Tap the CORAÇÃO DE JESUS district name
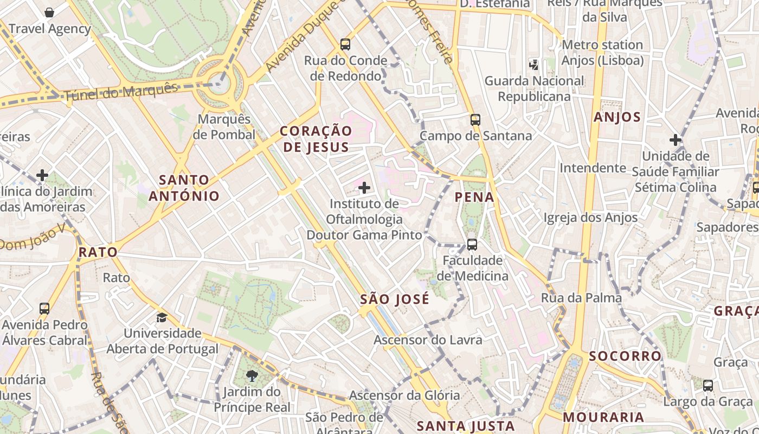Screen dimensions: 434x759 [316, 139]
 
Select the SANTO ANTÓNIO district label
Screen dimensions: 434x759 [184, 188]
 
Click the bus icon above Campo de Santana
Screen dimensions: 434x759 [475, 120]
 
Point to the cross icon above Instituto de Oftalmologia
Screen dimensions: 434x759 [364, 188]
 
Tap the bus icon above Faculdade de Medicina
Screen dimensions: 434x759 [472, 245]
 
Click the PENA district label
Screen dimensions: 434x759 [475, 197]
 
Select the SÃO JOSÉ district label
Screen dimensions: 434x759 [395, 299]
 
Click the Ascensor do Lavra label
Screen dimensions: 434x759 [428, 340]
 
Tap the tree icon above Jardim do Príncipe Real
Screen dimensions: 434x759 [252, 375]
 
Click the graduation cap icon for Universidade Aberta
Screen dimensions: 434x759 [162, 317]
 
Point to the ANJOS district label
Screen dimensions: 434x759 [617, 117]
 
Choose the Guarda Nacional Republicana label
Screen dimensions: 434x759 [534, 88]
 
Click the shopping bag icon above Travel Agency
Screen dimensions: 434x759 [49, 12]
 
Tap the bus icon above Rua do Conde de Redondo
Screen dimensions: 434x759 [345, 44]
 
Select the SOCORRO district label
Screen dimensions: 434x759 [625, 356]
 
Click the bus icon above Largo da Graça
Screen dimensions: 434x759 [708, 386]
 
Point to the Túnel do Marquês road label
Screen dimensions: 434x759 [121, 93]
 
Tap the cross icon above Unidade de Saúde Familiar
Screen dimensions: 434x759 [676, 140]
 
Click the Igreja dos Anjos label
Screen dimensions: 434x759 [590, 218]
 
